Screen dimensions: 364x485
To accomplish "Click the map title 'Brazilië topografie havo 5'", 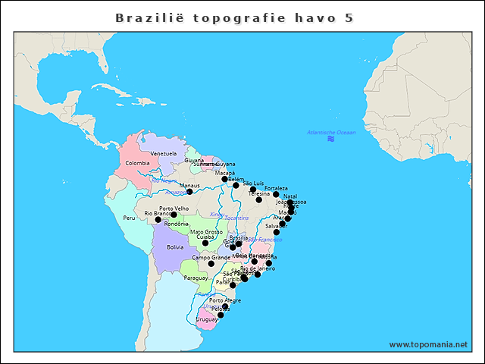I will point(234,17).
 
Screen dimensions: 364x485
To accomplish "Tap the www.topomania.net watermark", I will point(428,344).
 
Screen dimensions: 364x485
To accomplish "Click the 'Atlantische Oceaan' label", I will point(331,133).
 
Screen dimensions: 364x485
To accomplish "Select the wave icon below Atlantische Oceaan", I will point(331,140).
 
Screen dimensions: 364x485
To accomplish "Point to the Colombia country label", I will point(137,163).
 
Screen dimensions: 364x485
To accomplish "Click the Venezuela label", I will point(163,153).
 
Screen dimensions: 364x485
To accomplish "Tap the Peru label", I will point(129,218).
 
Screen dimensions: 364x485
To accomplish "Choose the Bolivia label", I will point(175,246).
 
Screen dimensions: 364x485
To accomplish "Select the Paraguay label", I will point(195,278).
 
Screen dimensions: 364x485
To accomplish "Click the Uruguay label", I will point(206,319).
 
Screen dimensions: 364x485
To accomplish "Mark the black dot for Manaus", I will point(189,191).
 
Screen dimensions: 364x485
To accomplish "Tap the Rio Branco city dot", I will point(158,220).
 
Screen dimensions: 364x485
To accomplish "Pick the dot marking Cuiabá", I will point(205,243).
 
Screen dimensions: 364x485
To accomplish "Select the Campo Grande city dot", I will point(211,264).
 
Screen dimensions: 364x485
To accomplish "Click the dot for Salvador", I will point(277,232).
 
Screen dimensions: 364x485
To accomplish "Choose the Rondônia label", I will point(177,224).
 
